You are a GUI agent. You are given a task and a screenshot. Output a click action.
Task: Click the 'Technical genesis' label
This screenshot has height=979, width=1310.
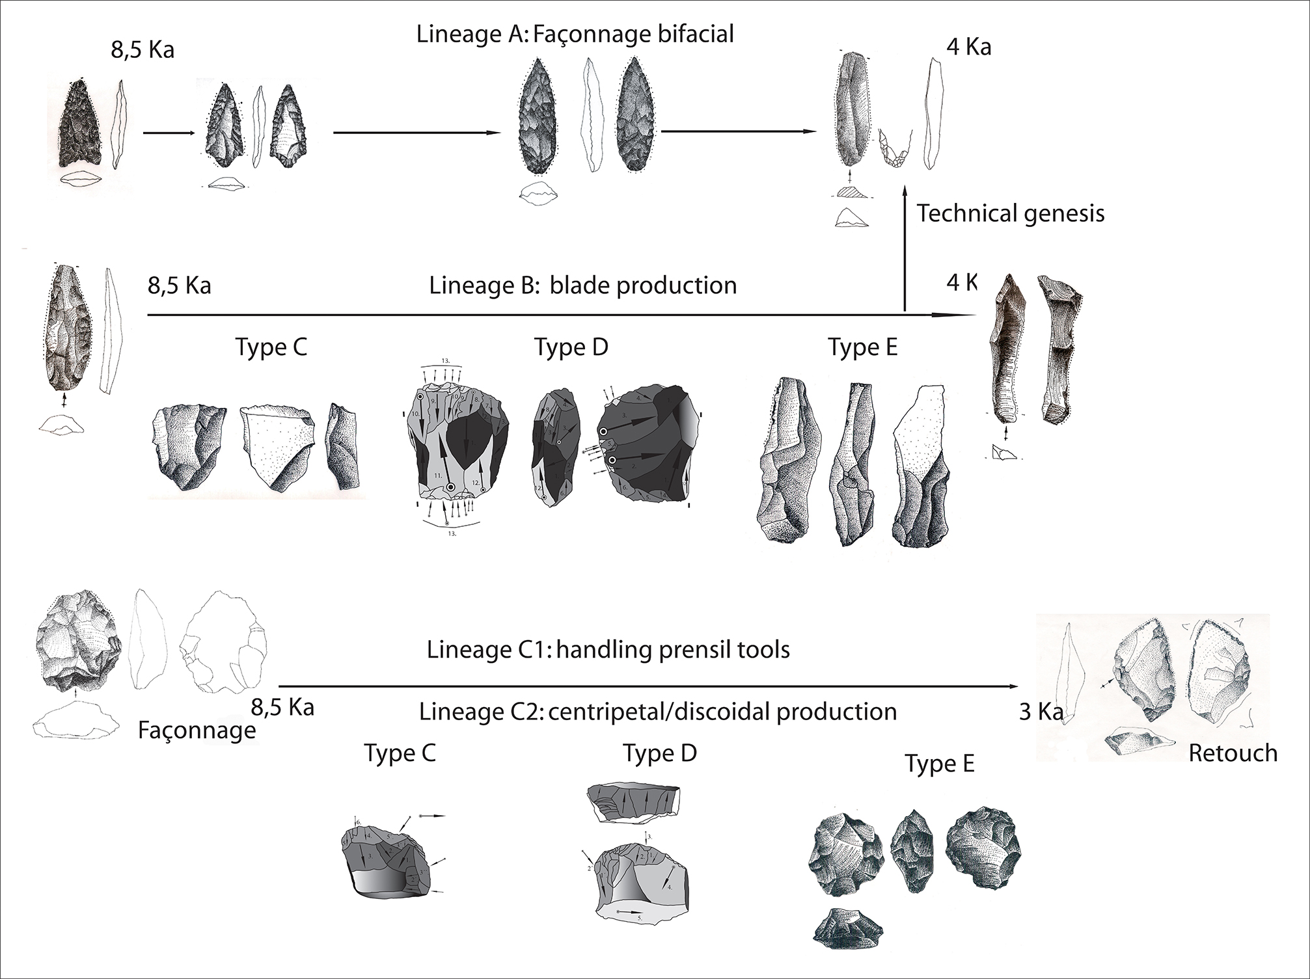pyautogui.click(x=1011, y=213)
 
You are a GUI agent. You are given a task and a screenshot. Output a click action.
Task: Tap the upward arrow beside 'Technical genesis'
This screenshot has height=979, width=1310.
pyautogui.click(x=904, y=247)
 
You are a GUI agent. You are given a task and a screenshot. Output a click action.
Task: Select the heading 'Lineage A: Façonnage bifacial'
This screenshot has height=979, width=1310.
pyautogui.click(x=575, y=34)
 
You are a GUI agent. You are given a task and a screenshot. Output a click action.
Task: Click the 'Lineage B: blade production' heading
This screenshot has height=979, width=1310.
pyautogui.click(x=583, y=285)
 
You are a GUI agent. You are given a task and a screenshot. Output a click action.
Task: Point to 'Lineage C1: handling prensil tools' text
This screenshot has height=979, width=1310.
pyautogui.click(x=608, y=649)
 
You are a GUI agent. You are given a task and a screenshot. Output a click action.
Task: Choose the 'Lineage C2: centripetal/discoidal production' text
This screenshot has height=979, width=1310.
pyautogui.click(x=658, y=711)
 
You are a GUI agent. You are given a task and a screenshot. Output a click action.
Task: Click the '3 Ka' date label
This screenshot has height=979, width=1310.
pyautogui.click(x=1041, y=712)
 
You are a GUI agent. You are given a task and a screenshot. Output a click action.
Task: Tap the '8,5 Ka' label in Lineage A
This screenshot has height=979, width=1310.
pyautogui.click(x=143, y=50)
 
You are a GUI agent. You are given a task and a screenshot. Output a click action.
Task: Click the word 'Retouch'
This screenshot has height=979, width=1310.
pyautogui.click(x=1233, y=753)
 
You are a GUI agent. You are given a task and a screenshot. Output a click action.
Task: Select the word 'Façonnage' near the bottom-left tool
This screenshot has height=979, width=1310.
pyautogui.click(x=197, y=731)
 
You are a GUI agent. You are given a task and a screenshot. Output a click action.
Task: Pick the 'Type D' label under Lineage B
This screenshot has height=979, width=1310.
pyautogui.click(x=571, y=347)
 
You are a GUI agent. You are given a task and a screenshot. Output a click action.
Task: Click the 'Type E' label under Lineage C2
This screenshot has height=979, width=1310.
pyautogui.click(x=939, y=764)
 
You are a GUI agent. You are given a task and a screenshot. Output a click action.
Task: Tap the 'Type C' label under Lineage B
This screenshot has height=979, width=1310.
pyautogui.click(x=271, y=347)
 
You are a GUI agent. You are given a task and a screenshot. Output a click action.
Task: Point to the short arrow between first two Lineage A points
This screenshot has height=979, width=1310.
pyautogui.click(x=168, y=133)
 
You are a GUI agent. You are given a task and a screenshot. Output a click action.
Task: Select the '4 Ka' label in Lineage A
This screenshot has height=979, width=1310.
pyautogui.click(x=969, y=47)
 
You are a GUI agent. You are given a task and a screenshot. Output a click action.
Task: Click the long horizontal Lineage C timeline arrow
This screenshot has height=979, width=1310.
pyautogui.click(x=648, y=686)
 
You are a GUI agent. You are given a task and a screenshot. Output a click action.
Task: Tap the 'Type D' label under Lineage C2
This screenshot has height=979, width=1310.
pyautogui.click(x=660, y=753)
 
